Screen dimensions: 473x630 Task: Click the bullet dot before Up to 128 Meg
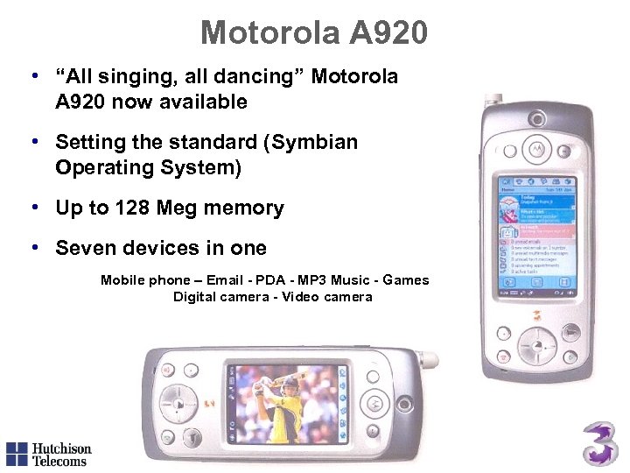tap(34, 207)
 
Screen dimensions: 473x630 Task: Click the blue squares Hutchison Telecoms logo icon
tap(17, 453)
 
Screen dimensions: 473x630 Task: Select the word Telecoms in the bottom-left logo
tap(59, 461)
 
